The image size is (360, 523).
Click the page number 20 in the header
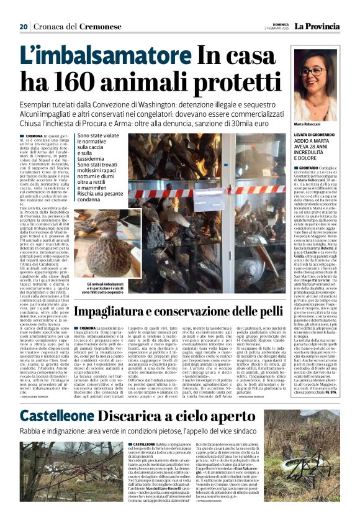24,27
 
